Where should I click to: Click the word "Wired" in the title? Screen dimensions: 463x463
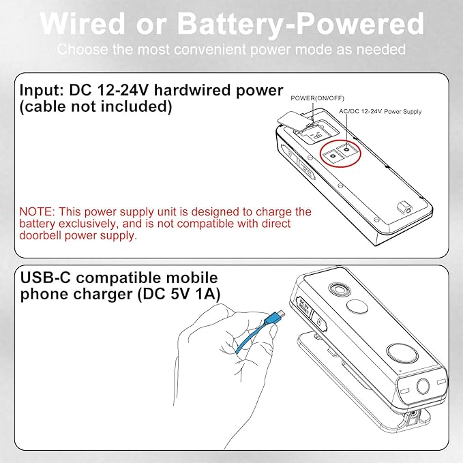(83, 24)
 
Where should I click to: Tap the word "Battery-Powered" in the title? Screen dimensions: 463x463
(300, 25)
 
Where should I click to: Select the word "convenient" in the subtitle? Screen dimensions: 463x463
(211, 49)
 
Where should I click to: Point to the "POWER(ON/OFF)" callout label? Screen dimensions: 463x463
(317, 98)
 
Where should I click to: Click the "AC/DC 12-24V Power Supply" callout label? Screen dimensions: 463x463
(380, 111)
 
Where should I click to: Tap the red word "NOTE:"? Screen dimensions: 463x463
(37, 211)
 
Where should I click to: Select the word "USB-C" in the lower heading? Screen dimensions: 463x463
(46, 278)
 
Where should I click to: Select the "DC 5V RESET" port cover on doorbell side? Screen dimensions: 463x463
(304, 308)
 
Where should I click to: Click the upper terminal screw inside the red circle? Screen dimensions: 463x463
(347, 149)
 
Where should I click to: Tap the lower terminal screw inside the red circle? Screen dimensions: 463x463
(333, 156)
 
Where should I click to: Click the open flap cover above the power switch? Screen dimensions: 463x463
(295, 120)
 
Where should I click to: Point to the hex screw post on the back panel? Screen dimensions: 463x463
(404, 207)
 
